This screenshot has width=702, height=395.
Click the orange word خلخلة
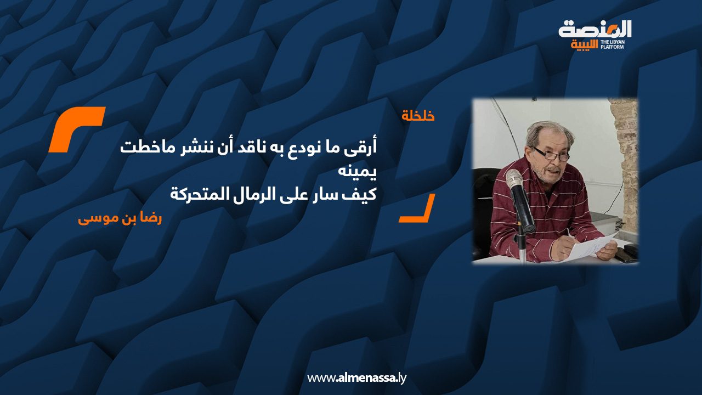418,116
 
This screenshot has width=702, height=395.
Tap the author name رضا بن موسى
120,219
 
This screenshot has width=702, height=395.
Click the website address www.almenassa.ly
356,378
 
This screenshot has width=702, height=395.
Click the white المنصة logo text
595,30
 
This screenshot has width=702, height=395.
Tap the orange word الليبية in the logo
585,45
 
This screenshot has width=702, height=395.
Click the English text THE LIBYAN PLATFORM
612,44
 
